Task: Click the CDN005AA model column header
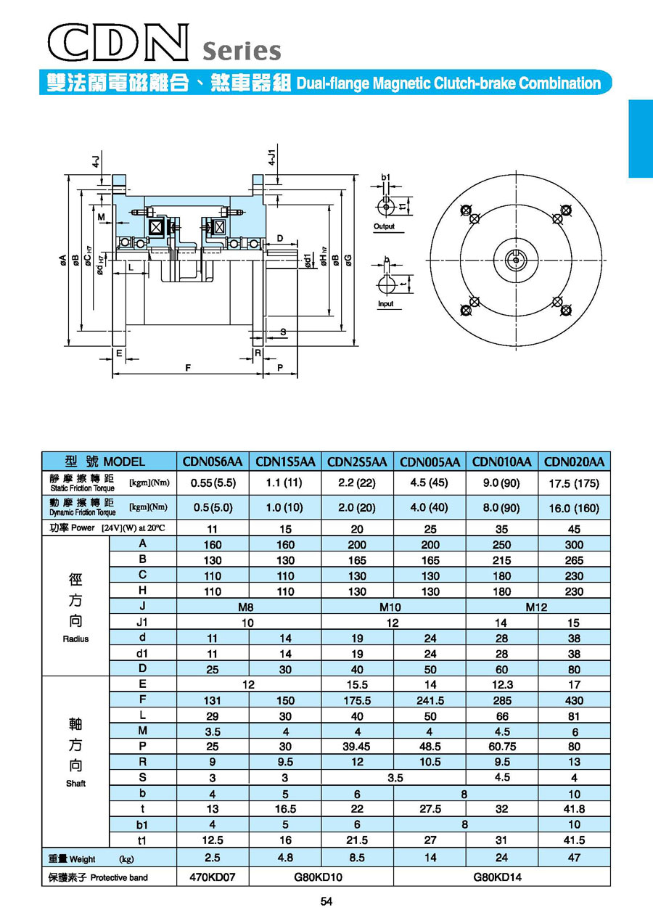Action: tap(430, 461)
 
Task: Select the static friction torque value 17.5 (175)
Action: tap(574, 483)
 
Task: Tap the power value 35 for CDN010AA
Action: tap(501, 529)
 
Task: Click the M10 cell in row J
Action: tap(393, 607)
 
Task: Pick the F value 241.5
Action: tap(430, 700)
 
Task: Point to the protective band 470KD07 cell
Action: tap(213, 877)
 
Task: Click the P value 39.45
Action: tap(357, 747)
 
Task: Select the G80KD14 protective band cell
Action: tap(501, 877)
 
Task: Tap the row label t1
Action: tap(143, 840)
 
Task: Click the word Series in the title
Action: tap(242, 52)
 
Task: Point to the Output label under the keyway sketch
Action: tap(384, 226)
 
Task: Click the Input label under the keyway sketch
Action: tap(385, 304)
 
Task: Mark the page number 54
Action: tap(326, 902)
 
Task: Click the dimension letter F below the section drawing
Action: tap(188, 368)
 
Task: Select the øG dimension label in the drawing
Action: tap(349, 258)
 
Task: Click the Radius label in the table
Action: tap(75, 639)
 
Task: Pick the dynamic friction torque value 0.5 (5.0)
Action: tap(213, 507)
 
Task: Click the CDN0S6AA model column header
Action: tap(213, 461)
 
